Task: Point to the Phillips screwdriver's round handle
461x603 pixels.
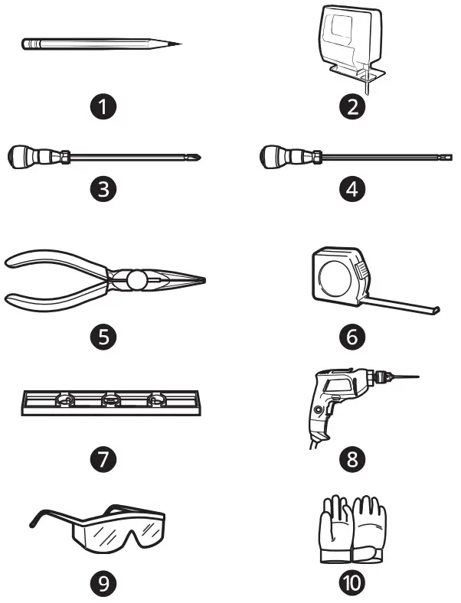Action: (19, 157)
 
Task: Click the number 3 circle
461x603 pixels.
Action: (103, 188)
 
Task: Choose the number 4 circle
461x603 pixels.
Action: (352, 188)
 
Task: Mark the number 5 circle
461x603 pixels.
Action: (103, 335)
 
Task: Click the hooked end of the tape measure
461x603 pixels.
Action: (437, 310)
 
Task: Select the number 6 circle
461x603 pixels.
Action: (352, 335)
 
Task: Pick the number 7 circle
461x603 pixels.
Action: (103, 459)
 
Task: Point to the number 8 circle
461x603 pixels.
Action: (352, 459)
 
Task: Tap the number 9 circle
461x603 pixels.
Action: (103, 584)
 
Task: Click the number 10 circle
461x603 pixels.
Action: (352, 584)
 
